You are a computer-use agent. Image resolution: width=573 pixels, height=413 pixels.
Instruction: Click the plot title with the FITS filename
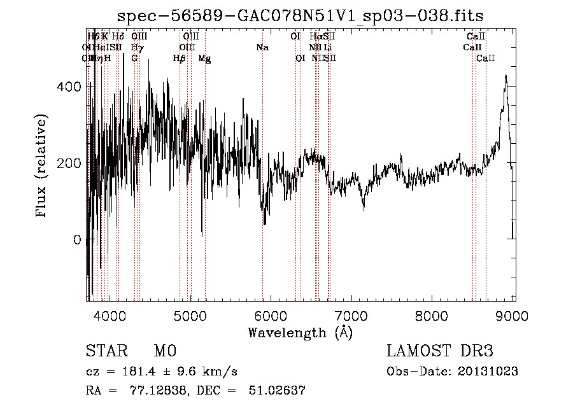[301, 16]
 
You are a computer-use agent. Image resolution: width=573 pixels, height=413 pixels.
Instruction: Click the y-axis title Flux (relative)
[42, 166]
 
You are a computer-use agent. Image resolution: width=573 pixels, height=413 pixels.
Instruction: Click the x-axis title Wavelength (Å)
[300, 332]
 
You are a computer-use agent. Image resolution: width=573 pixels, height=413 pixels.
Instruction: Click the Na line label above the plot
[262, 48]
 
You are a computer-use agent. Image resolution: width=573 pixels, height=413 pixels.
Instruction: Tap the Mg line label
[205, 59]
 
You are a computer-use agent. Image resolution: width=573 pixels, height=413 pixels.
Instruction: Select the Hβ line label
[180, 59]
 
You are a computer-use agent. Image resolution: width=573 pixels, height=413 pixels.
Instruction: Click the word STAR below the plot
[105, 351]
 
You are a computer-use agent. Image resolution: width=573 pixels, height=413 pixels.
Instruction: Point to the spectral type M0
[164, 351]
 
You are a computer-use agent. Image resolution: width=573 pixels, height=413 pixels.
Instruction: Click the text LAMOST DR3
[440, 351]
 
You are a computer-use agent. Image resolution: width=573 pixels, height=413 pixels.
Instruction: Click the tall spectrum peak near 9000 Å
[506, 76]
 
